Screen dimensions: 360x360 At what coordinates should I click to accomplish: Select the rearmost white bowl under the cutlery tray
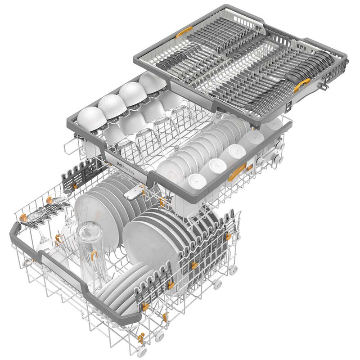click(x=152, y=83)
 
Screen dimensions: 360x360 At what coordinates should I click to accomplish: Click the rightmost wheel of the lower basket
click(x=233, y=270)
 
